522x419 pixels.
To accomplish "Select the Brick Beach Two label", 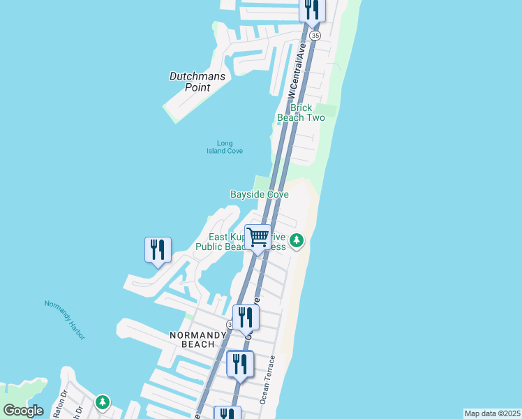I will (x=301, y=112).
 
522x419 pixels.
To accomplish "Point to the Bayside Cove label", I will (x=260, y=194).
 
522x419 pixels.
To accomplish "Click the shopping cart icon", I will (x=258, y=238).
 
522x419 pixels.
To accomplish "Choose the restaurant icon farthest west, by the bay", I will (x=158, y=250).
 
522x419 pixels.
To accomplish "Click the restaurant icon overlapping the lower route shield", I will (x=246, y=318).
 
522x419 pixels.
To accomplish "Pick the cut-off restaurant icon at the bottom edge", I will (x=228, y=413).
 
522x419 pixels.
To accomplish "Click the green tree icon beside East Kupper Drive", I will (x=297, y=242).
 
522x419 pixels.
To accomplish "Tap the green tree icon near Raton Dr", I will (x=103, y=402).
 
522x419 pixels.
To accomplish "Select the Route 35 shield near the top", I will (x=315, y=35).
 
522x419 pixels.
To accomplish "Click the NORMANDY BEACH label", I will (x=197, y=340).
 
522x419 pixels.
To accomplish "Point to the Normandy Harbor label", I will (x=65, y=319).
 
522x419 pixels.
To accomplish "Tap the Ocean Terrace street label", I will (x=269, y=379).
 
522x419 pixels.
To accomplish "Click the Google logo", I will (x=23, y=411).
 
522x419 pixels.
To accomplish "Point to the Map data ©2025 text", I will (x=493, y=413).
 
